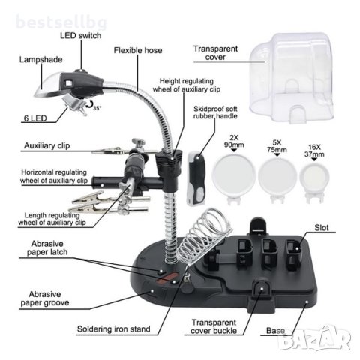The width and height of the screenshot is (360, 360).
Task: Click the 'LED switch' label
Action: coord(81,35)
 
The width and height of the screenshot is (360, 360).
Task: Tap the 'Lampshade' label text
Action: coord(41,60)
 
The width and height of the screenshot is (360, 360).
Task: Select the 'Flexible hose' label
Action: coord(138,50)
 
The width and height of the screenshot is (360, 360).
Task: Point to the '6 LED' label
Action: coord(35,118)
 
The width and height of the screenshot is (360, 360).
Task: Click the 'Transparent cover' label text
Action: coord(215,52)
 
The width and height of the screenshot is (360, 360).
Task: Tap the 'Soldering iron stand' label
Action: coord(114,328)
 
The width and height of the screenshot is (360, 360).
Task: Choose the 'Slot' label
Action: coord(322,228)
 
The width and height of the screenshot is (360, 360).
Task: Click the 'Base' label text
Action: coord(275,331)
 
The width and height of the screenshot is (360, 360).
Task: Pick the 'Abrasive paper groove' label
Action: coord(45,298)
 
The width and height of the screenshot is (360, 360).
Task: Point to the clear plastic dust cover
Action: coord(292,78)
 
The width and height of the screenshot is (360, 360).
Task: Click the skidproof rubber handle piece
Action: coord(196,178)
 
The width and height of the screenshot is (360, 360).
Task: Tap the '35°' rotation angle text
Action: coord(97,108)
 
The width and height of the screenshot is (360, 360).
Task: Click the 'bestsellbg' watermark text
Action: coord(61,22)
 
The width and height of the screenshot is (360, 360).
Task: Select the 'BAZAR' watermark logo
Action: coord(314,338)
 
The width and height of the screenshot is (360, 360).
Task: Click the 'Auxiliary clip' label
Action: coord(46,145)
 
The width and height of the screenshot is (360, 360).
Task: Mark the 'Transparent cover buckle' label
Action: coord(214,326)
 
